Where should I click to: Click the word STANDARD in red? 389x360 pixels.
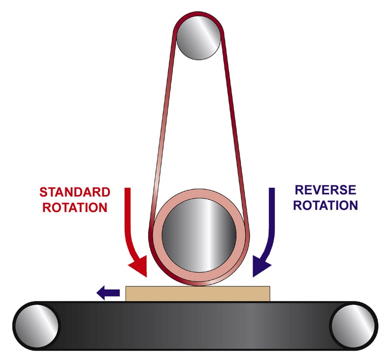(75, 192)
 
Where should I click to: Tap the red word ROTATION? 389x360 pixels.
(75, 207)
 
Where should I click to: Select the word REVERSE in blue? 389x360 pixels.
(325, 190)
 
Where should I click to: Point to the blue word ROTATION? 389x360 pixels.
(325, 205)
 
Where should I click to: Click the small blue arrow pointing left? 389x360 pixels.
(108, 292)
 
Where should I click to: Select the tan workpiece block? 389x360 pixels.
(198, 294)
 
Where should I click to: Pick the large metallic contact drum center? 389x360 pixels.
(199, 235)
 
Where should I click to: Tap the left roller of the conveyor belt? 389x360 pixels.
(37, 326)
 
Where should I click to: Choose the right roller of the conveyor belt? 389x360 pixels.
(353, 326)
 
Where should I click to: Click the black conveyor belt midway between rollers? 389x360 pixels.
(195, 326)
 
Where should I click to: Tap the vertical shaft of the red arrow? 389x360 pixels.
(127, 211)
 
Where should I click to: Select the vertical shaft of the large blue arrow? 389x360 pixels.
(272, 211)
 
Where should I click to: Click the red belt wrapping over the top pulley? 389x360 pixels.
(198, 13)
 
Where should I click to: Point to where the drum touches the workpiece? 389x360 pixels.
(199, 286)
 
